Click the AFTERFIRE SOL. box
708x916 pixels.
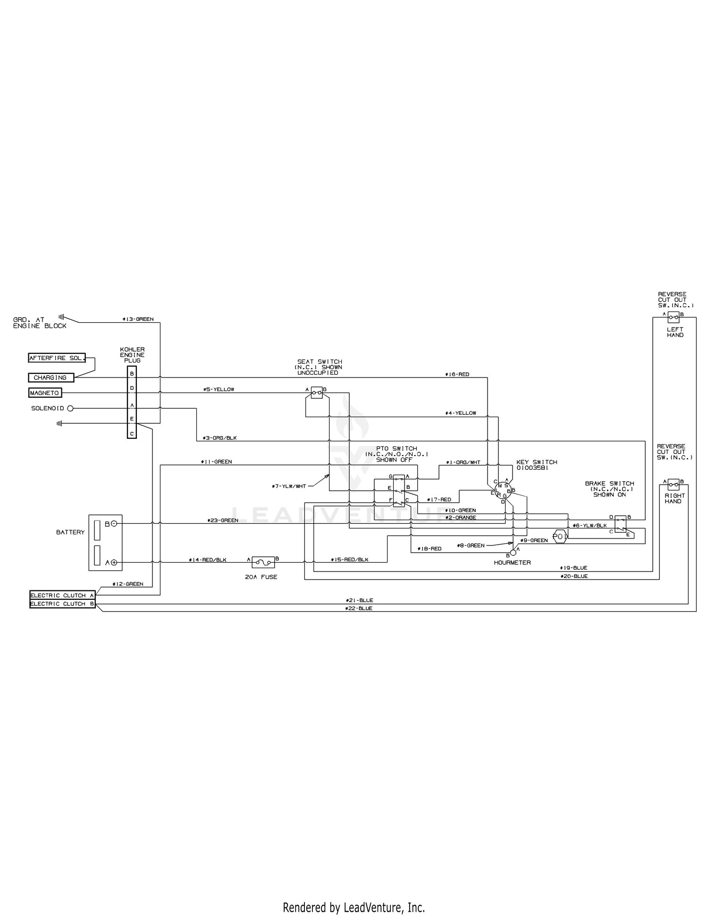pyautogui.click(x=57, y=358)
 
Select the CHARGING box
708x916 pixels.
pyautogui.click(x=51, y=378)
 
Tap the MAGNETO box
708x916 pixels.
pyautogui.click(x=44, y=393)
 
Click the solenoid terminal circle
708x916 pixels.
pyautogui.click(x=70, y=409)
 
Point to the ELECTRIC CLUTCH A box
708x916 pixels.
pyautogui.click(x=62, y=596)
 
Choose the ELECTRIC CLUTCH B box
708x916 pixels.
pyautogui.click(x=62, y=604)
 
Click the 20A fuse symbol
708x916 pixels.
pyautogui.click(x=262, y=562)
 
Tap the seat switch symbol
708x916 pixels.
pyautogui.click(x=317, y=393)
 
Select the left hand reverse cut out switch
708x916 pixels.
pyautogui.click(x=674, y=317)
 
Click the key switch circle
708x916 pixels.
pyautogui.click(x=503, y=491)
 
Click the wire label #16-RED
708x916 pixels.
pyautogui.click(x=457, y=374)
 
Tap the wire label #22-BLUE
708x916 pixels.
pyautogui.click(x=359, y=609)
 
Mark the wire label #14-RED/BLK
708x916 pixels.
pyautogui.click(x=208, y=560)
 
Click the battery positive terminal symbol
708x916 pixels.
pyautogui.click(x=114, y=563)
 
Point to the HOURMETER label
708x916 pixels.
pyautogui.click(x=512, y=563)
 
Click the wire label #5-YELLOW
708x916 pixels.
pyautogui.click(x=219, y=389)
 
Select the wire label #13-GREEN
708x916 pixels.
pyautogui.click(x=138, y=319)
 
